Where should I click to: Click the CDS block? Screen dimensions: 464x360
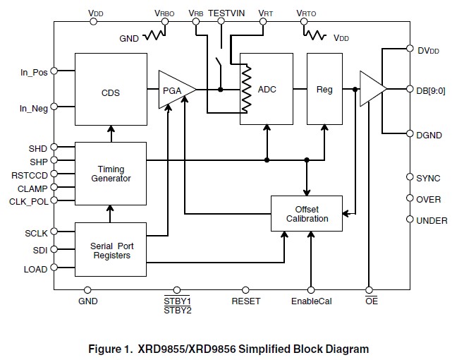[x=111, y=89]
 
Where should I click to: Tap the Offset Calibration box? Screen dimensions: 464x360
[x=307, y=213]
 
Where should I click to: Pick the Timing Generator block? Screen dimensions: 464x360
[x=111, y=174]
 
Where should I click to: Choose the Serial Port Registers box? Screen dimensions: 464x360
[x=111, y=249]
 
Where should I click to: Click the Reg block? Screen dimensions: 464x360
[x=324, y=89]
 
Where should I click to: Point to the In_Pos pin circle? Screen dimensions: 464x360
[x=54, y=71]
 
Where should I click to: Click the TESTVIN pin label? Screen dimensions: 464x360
[x=226, y=13]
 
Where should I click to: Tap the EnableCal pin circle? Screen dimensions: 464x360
[x=311, y=290]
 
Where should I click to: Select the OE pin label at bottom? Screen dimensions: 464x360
[x=372, y=301]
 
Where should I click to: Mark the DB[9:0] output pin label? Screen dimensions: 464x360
[x=431, y=90]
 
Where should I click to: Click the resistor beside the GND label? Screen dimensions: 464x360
[x=154, y=35]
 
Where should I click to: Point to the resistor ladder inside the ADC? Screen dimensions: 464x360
[x=247, y=89]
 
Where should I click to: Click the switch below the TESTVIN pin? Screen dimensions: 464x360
[x=219, y=64]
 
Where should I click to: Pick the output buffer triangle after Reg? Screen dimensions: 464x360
[x=373, y=89]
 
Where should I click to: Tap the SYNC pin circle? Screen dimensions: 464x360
[x=410, y=177]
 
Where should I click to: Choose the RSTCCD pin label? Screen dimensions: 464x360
[x=30, y=175]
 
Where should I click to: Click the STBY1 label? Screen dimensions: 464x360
[x=177, y=301]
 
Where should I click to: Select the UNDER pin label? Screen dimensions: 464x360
[x=432, y=220]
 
